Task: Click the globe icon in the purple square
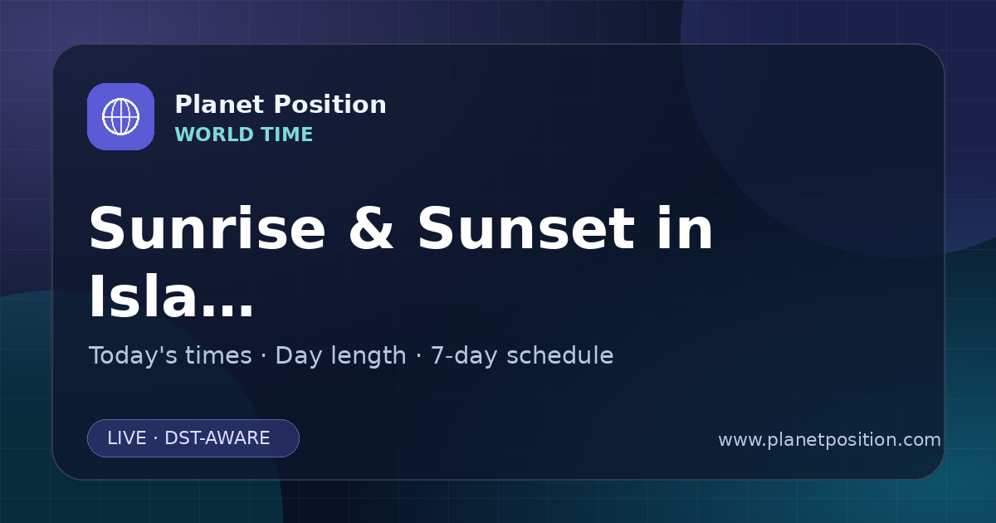[x=120, y=116]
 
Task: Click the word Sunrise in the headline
[x=207, y=229]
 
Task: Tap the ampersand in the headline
[x=371, y=229]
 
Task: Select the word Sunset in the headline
[x=526, y=229]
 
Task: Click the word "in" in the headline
[x=686, y=228]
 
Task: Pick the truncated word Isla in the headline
[x=143, y=295]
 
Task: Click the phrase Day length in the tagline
[x=340, y=356]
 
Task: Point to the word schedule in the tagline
[x=560, y=355]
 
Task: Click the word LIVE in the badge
[x=127, y=438]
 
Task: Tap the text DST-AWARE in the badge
[x=217, y=438]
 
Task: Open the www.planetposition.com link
[x=830, y=440]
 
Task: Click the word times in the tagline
[x=218, y=355]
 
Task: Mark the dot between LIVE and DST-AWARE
[x=156, y=438]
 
